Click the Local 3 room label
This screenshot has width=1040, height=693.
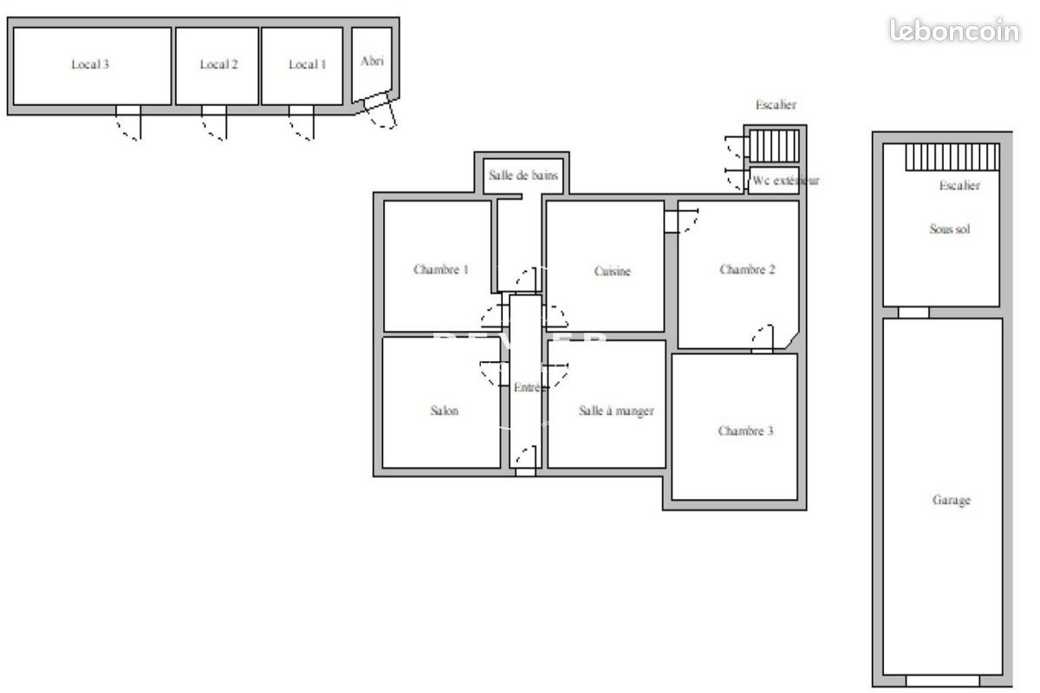89,64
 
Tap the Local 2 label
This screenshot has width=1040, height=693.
218,64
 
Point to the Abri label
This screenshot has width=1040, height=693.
372,61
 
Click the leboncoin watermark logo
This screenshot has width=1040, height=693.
954,30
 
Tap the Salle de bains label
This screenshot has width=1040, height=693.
523,175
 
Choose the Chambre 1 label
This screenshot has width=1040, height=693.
440,269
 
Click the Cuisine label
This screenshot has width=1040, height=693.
612,271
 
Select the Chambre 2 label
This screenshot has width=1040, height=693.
746,269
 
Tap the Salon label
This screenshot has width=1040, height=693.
444,411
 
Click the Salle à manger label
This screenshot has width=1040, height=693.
615,411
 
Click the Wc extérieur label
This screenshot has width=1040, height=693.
784,181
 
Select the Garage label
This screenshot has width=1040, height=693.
951,500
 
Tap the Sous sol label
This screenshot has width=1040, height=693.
949,230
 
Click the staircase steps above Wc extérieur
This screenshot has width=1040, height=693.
773,142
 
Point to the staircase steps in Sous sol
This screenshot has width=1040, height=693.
952,158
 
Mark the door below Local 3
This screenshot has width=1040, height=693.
128,122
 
